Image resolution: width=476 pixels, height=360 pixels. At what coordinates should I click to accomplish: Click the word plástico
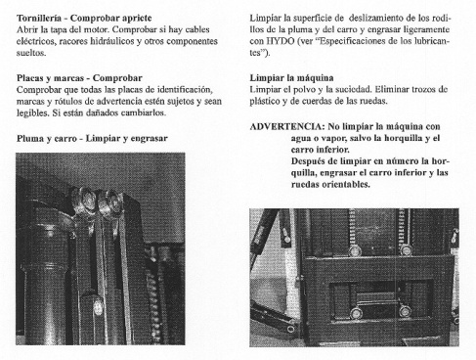[x=269, y=101]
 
